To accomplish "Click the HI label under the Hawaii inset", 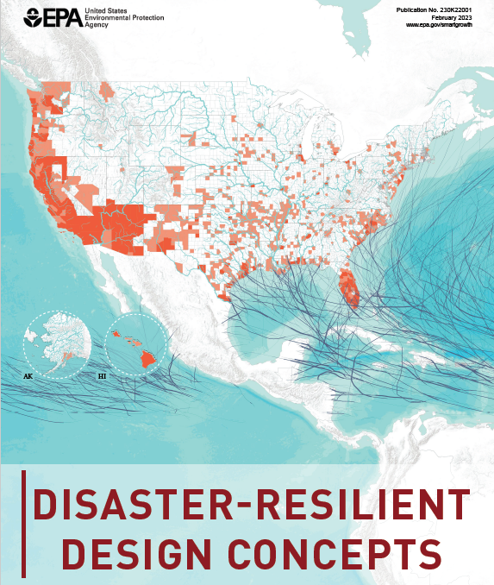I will click(102, 377).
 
